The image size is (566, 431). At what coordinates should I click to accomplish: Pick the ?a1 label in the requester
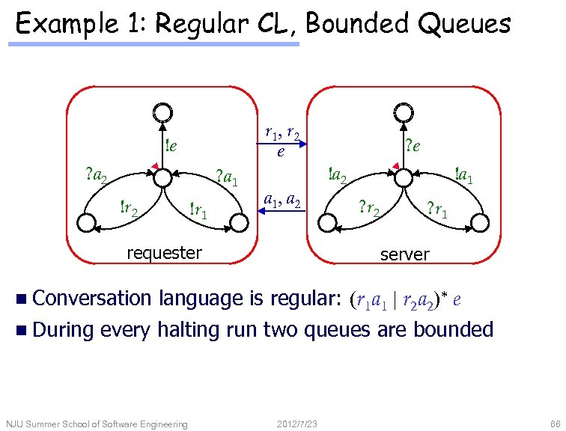227,177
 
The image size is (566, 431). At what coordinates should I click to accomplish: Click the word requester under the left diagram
164,253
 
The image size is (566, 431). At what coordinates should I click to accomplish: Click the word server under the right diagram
404,254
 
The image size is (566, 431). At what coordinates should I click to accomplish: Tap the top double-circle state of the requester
161,112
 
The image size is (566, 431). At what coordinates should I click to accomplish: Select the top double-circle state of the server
403,112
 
